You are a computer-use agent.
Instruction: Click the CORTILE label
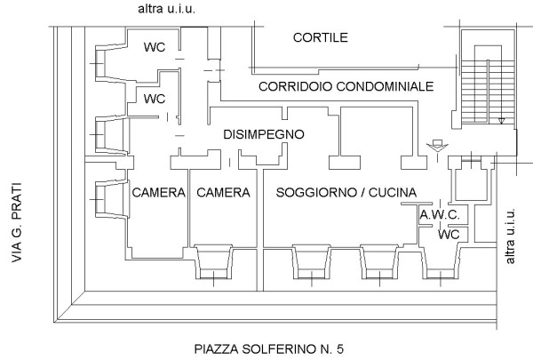point(321,37)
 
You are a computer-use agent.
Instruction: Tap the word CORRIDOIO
point(296,86)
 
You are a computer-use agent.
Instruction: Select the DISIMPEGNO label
point(264,134)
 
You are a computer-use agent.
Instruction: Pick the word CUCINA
point(393,193)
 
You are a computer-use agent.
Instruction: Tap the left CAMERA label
point(159,193)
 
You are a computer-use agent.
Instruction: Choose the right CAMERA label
point(223,193)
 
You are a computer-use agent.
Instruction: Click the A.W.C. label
point(440,215)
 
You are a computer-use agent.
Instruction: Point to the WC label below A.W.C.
point(449,235)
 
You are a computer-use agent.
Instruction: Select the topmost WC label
point(155,47)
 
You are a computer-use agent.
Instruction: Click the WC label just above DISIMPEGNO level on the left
point(155,99)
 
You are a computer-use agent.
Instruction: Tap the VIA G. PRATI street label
point(17,222)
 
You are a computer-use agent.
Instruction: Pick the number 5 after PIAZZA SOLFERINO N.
point(340,349)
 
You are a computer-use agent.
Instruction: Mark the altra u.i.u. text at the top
point(167,9)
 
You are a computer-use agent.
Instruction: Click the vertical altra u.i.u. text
point(510,236)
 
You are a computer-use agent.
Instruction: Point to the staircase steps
point(488,92)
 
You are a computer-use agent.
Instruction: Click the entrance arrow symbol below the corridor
point(437,146)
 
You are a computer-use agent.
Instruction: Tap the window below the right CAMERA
point(213,262)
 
